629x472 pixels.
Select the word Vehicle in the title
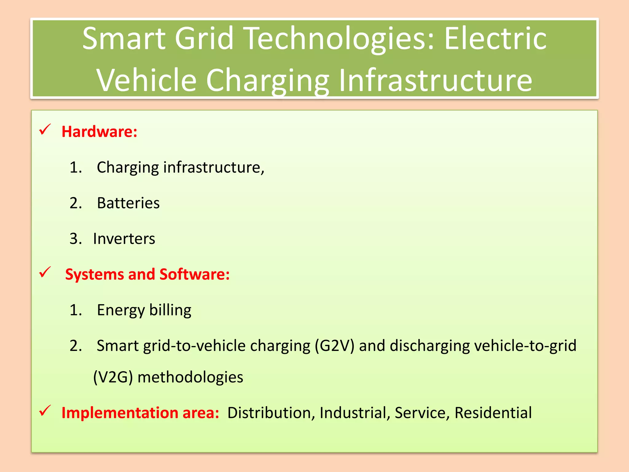147,80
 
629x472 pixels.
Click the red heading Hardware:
99,132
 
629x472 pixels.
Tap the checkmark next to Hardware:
45,130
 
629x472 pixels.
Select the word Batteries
128,203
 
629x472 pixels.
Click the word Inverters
124,239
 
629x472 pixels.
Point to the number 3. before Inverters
76,239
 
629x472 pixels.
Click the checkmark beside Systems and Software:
45,272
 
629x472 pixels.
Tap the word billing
170,310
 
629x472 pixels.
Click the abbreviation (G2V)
334,346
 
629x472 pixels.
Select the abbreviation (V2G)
113,377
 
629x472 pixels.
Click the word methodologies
190,377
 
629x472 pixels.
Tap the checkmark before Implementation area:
45,411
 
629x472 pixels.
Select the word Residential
493,413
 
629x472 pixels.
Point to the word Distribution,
271,413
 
